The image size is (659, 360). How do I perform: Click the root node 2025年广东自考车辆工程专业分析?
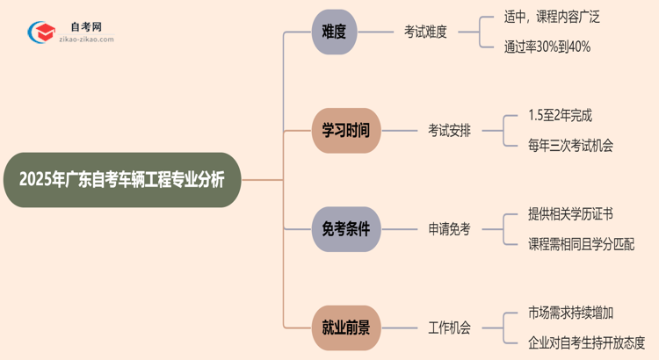click(x=121, y=180)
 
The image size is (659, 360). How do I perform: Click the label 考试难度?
click(x=425, y=32)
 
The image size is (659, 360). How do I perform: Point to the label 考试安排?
click(x=449, y=130)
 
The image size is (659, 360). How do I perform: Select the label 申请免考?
click(x=449, y=229)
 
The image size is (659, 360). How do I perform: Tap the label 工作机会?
click(x=449, y=328)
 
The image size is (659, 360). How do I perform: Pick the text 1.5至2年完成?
click(x=561, y=115)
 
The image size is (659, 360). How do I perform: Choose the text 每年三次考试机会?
click(x=571, y=146)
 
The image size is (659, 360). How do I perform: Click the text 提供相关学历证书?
click(x=571, y=214)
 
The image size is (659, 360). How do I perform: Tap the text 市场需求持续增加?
click(x=571, y=313)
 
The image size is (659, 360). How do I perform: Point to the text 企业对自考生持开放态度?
click(x=587, y=342)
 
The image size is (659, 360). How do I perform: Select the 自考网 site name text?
click(x=85, y=27)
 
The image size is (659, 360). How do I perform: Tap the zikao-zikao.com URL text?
click(x=85, y=40)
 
